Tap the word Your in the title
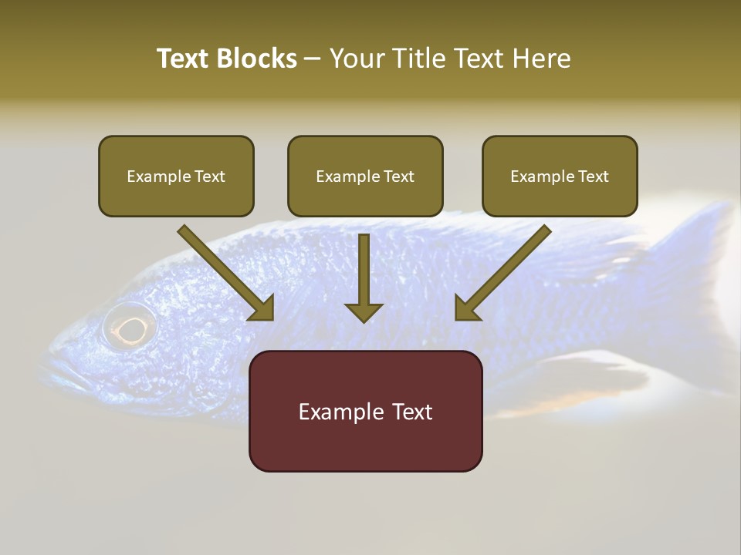(358, 59)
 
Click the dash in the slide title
(313, 59)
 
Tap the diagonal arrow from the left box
(228, 274)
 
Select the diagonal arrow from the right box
(502, 274)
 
